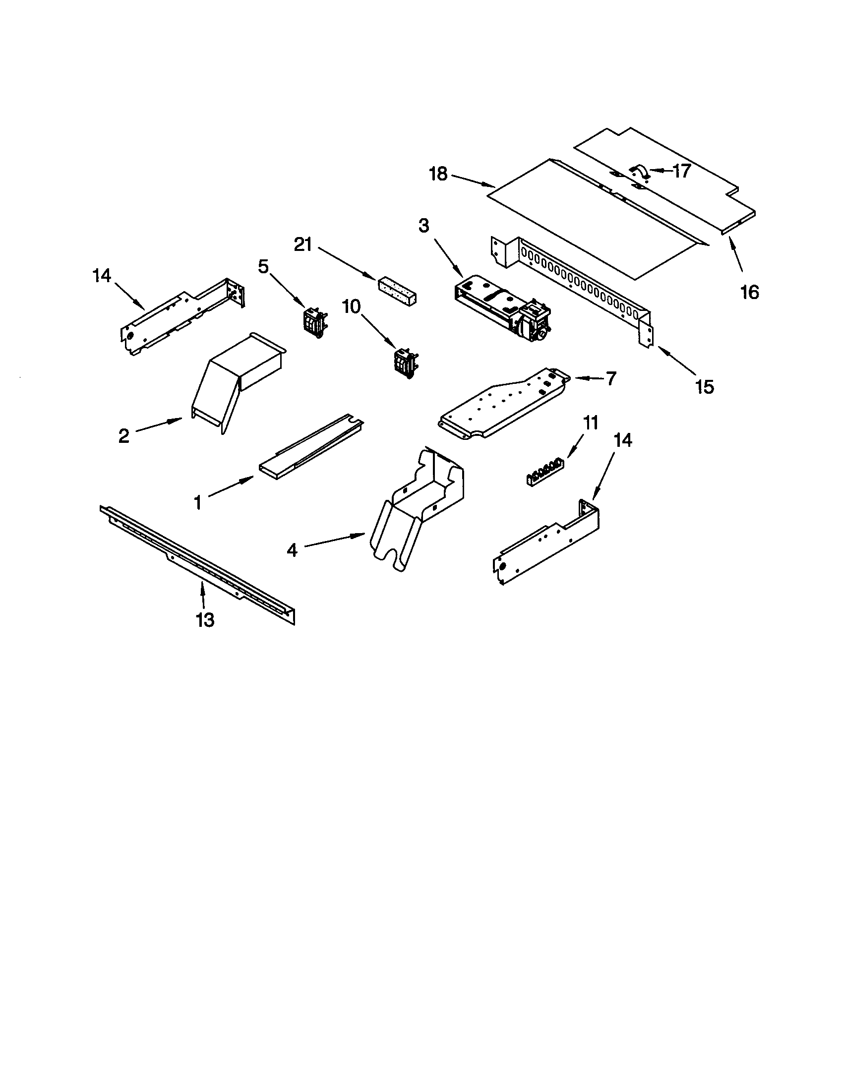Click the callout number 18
click(x=438, y=175)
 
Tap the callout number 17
click(x=681, y=171)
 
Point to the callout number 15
click(x=705, y=386)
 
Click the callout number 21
click(x=303, y=245)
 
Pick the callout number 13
click(x=205, y=620)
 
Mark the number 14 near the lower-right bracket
click(x=623, y=440)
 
